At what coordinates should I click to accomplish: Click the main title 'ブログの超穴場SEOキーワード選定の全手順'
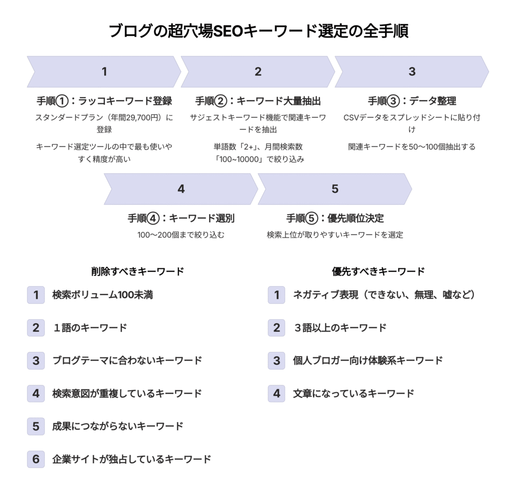click(x=259, y=31)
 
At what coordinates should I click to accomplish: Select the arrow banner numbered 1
click(x=104, y=72)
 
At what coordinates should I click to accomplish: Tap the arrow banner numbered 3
click(x=412, y=72)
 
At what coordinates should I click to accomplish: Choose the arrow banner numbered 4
click(x=181, y=189)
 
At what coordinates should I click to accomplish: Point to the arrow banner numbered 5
click(x=335, y=189)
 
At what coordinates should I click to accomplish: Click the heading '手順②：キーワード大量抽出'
click(x=258, y=101)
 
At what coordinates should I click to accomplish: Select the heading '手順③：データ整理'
click(x=412, y=101)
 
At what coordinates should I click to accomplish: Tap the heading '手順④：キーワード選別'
click(x=181, y=218)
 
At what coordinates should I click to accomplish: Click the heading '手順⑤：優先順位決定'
click(x=335, y=218)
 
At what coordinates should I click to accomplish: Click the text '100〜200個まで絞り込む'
click(x=181, y=235)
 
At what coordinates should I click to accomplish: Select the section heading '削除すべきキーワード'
click(x=138, y=271)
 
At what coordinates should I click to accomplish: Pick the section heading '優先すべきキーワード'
click(x=378, y=271)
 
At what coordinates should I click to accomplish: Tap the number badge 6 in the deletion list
click(x=36, y=459)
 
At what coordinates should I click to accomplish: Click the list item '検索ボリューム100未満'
click(x=103, y=295)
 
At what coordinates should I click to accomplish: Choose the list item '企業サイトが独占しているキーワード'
click(x=132, y=459)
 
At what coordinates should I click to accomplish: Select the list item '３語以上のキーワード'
click(x=340, y=328)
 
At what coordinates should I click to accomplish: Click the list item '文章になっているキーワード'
click(x=354, y=393)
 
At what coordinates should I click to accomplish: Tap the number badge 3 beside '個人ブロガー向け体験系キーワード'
click(x=277, y=361)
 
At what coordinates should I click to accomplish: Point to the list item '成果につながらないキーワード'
click(x=118, y=426)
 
